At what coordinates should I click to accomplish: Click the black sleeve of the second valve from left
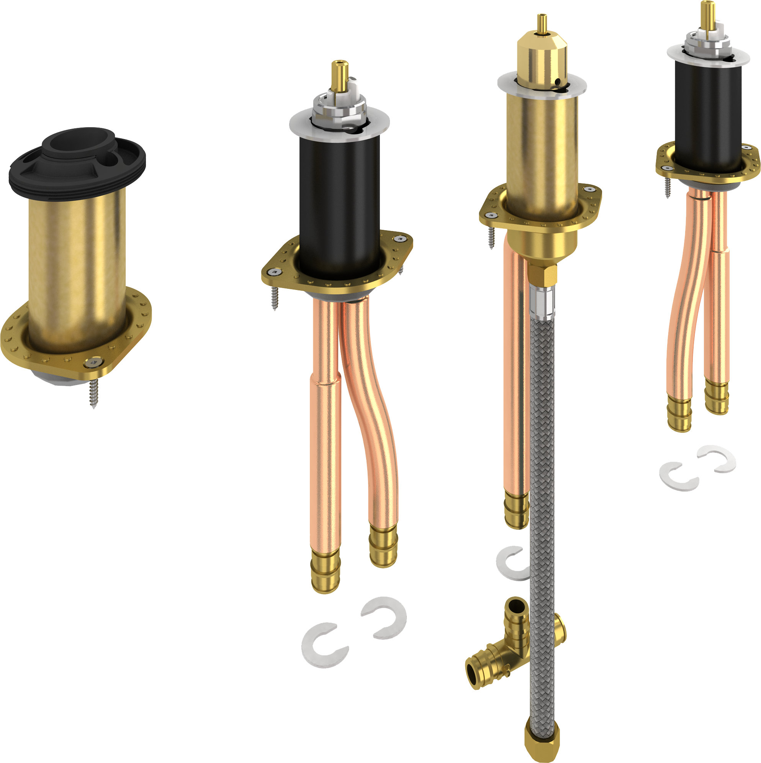(340, 205)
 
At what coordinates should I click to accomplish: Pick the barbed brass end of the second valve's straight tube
(325, 569)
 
